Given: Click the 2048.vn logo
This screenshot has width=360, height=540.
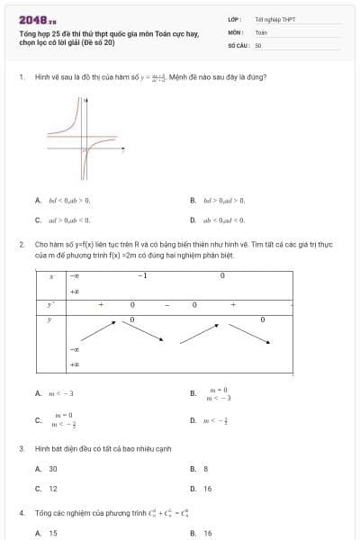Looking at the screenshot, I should [x=37, y=19].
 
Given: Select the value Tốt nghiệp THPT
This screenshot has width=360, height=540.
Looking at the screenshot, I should [x=274, y=19].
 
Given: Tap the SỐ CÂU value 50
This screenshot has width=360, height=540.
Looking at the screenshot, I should [x=258, y=45].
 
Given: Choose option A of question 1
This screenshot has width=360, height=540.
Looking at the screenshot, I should [x=68, y=200].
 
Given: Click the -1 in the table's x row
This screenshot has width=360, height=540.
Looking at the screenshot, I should [x=142, y=276].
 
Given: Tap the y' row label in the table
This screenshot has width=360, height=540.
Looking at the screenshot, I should [x=51, y=305].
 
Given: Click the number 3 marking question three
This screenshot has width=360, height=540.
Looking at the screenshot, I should [x=21, y=448].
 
